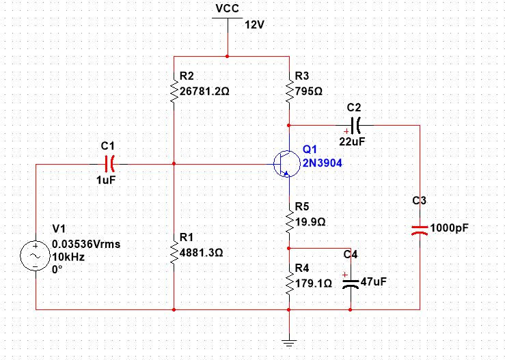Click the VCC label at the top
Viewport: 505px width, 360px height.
point(227,8)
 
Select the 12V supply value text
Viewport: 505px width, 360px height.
point(254,25)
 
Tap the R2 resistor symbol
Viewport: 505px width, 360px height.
point(174,89)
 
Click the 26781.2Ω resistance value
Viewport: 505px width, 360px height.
point(208,89)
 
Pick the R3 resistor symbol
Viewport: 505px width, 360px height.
point(290,89)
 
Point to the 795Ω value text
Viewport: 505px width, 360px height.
point(308,89)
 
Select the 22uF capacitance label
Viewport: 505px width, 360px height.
point(351,141)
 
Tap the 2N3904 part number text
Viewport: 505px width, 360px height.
point(322,163)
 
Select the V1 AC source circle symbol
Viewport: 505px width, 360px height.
point(34,257)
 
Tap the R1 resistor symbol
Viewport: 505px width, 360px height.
point(174,253)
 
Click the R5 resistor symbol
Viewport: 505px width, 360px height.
point(290,221)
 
